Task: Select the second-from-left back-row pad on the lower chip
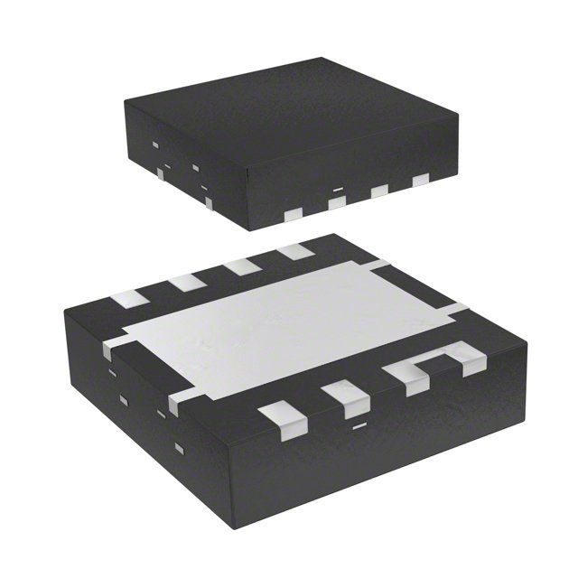(x=188, y=281)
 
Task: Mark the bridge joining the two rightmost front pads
(x=432, y=360)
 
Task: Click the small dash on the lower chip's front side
(x=359, y=424)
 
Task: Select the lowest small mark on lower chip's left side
(x=178, y=449)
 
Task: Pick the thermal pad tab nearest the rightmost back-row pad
(x=382, y=265)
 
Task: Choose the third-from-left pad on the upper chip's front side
(x=380, y=191)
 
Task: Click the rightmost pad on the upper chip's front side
(x=420, y=181)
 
